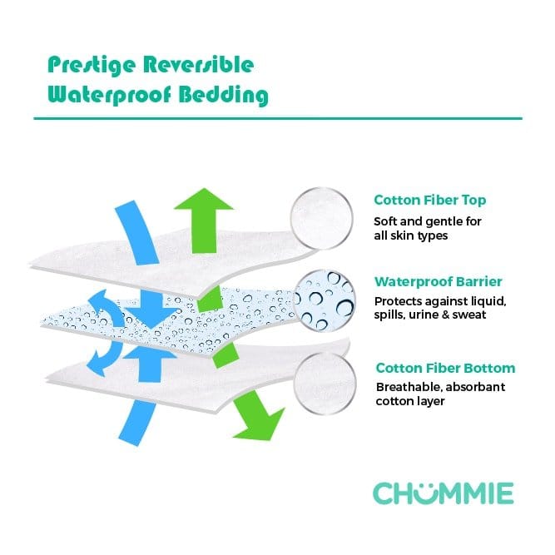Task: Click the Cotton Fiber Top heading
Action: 429,200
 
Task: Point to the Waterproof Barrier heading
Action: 438,281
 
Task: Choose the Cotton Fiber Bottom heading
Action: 445,368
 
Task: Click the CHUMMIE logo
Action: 443,493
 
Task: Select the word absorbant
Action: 475,387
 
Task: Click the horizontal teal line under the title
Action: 277,119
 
